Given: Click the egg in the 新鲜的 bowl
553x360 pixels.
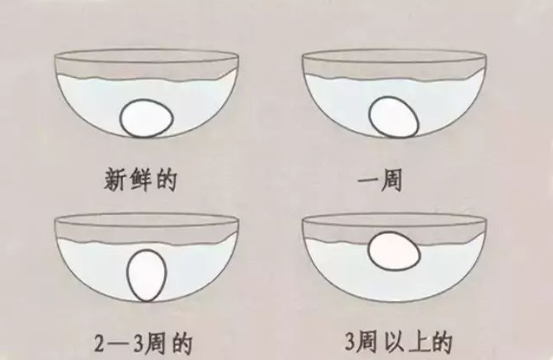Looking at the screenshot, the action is (x=146, y=118).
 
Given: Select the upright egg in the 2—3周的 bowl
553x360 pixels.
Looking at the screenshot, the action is (x=146, y=275).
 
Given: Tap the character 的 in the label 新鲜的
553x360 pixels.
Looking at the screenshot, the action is (x=166, y=180).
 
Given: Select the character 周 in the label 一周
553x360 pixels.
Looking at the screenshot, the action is (x=391, y=180).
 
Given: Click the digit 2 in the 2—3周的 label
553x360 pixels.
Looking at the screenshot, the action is (x=99, y=343).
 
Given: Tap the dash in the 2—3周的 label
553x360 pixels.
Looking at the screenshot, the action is (x=119, y=345).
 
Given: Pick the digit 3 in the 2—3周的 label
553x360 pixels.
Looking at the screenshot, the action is (x=138, y=344).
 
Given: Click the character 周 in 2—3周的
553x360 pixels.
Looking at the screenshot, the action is (x=155, y=344).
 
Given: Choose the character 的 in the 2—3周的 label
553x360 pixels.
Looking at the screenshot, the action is (x=182, y=344).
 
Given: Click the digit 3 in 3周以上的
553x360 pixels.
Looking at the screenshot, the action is (x=350, y=342).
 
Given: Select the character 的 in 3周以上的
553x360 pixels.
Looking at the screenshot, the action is (x=441, y=342).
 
